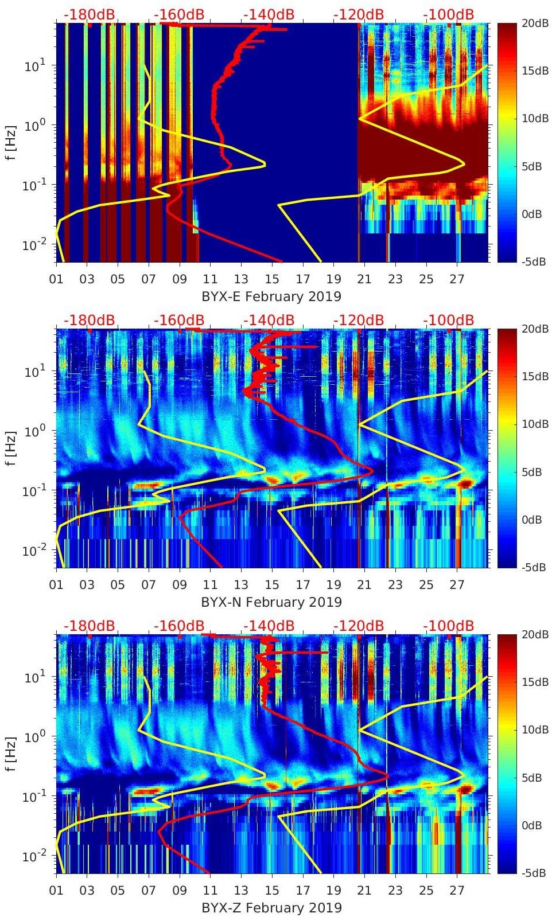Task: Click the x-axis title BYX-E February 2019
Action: (271, 296)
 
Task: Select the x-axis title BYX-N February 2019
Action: (271, 602)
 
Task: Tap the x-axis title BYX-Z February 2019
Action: (271, 908)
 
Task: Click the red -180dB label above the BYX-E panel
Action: (89, 14)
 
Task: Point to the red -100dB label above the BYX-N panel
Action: (449, 320)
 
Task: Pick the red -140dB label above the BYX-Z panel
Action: (269, 626)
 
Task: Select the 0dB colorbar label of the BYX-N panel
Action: (532, 520)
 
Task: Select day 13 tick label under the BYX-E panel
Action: (241, 279)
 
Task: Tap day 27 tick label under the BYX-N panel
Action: (457, 585)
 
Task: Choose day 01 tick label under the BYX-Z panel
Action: (56, 891)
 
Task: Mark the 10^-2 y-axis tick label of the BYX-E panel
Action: (32, 245)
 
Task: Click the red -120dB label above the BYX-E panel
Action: (359, 14)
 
